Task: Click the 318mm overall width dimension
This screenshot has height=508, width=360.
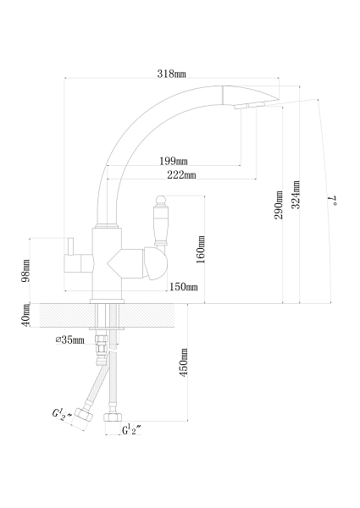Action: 172,74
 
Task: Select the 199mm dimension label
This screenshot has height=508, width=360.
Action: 174,161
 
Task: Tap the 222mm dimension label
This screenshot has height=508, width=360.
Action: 181,175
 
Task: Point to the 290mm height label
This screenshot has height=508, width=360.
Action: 279,205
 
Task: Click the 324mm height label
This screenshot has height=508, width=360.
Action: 296,195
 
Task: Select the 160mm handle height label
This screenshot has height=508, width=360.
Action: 201,250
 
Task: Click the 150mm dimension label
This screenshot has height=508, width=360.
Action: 184,287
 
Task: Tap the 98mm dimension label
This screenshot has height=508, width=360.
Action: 25,271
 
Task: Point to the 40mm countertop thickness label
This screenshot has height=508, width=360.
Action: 25,315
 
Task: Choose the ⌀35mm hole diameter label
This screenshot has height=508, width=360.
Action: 70,340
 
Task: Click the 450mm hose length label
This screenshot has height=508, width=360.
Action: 184,362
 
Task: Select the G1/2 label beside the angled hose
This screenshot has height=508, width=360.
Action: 61,414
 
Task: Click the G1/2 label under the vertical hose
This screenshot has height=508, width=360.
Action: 131,429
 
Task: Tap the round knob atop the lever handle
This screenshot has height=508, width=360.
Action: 161,201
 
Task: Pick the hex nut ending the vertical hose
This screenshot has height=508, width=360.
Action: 113,417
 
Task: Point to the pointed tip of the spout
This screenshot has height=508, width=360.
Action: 279,98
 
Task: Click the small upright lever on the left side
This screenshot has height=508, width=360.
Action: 70,246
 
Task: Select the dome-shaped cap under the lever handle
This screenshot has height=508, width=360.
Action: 156,264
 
